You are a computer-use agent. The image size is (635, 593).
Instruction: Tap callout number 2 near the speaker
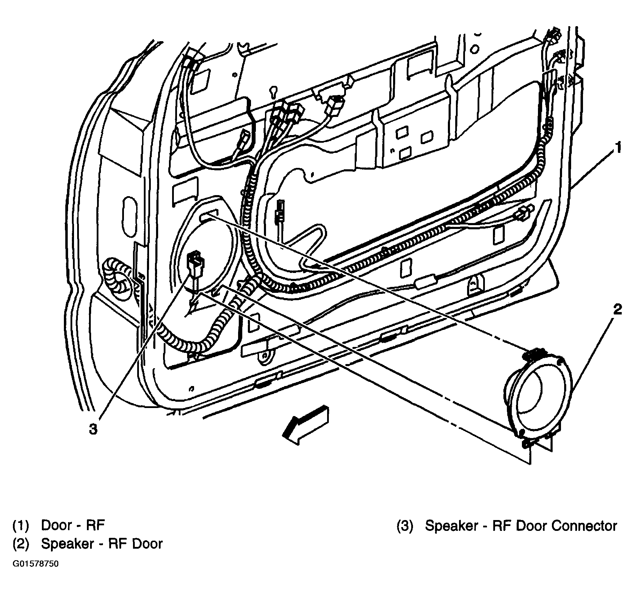click(617, 309)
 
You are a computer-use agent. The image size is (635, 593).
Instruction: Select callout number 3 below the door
click(93, 429)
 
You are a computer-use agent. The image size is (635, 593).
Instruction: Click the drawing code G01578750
click(36, 574)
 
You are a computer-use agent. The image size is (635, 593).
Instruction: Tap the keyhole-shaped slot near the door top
click(273, 92)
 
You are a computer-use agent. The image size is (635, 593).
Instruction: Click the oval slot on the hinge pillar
click(128, 214)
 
